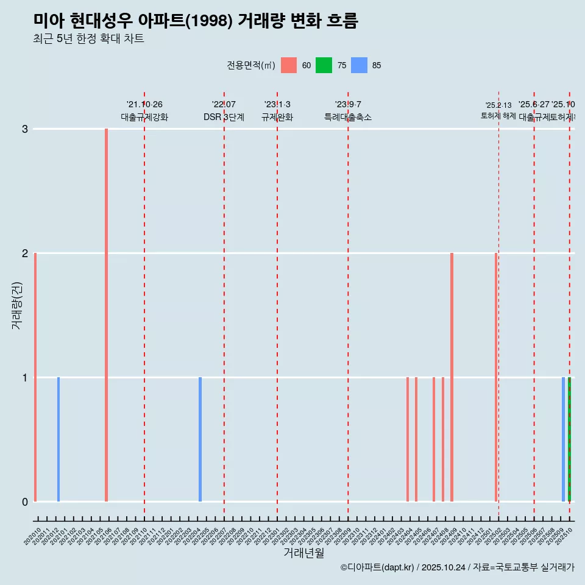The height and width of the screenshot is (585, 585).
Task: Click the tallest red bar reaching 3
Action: pyautogui.click(x=106, y=314)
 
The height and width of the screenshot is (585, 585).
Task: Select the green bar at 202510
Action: pyautogui.click(x=569, y=439)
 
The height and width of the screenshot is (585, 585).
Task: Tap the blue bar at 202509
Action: pyautogui.click(x=563, y=439)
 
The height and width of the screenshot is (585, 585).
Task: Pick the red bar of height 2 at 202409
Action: pyautogui.click(x=452, y=377)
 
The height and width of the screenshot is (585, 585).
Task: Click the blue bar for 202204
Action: pyautogui.click(x=200, y=439)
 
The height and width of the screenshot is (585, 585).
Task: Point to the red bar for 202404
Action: pyautogui.click(x=408, y=439)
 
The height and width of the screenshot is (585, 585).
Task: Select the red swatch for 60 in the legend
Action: pyautogui.click(x=289, y=65)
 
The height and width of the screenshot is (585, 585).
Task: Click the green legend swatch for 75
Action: pyautogui.click(x=324, y=65)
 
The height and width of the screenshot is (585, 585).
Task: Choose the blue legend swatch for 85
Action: pyautogui.click(x=360, y=65)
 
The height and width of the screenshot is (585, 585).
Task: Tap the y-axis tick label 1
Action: pyautogui.click(x=25, y=378)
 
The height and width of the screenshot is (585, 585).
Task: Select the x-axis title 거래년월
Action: pyautogui.click(x=303, y=553)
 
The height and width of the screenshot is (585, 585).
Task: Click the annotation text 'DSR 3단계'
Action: pyautogui.click(x=224, y=117)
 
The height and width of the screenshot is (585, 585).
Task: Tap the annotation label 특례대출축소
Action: pyautogui.click(x=347, y=117)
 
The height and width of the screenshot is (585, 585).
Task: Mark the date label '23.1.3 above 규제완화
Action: pyautogui.click(x=277, y=104)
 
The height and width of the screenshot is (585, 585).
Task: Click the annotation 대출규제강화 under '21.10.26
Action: pyautogui.click(x=144, y=117)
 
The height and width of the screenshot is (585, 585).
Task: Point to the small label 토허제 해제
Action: pyautogui.click(x=498, y=115)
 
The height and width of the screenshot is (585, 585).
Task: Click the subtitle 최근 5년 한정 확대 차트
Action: pyautogui.click(x=88, y=39)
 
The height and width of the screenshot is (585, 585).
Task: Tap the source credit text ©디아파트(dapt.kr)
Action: pyautogui.click(x=377, y=567)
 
